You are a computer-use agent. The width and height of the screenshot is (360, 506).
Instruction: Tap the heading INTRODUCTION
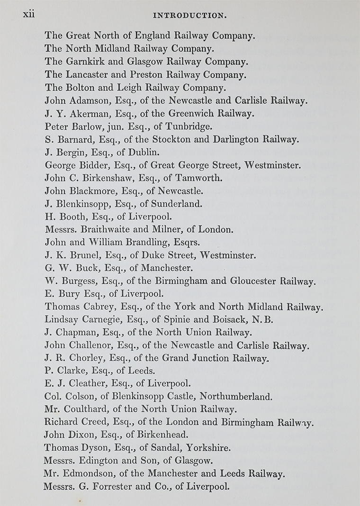click(189, 16)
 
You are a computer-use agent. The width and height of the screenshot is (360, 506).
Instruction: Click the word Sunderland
click(176, 204)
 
